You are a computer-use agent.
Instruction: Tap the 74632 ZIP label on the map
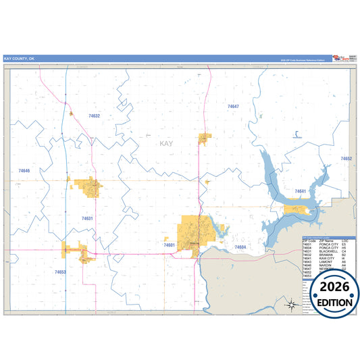94,116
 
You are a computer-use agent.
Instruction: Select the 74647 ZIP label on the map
233,107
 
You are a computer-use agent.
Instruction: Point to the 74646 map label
24,171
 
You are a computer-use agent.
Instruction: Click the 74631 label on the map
87,218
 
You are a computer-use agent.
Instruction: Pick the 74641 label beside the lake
300,191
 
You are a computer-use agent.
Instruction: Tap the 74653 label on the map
61,272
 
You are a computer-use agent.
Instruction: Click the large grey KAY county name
167,144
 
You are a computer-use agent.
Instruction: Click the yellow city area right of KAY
204,139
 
